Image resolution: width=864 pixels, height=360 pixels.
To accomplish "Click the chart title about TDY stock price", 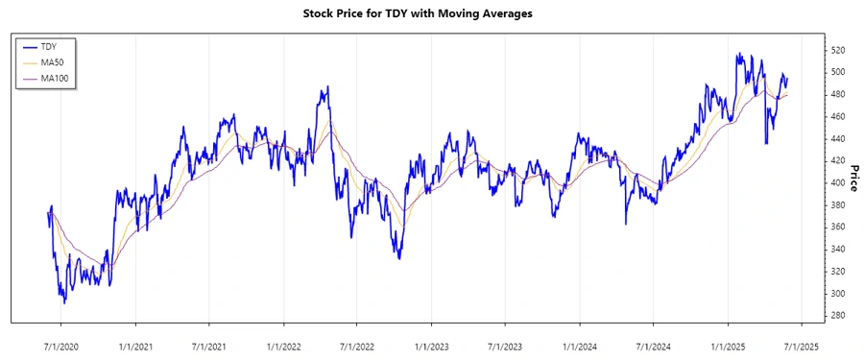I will (431, 14).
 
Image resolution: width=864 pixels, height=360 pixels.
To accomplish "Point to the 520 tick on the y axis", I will (838, 50).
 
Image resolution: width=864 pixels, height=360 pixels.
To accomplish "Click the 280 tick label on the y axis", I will (838, 316).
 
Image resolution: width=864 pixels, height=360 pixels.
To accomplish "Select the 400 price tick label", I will (838, 182).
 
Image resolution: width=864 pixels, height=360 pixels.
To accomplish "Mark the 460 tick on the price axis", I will (838, 116).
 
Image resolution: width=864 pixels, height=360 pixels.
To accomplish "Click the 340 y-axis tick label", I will (838, 250).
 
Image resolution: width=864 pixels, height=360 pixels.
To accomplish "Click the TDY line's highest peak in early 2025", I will (737, 54).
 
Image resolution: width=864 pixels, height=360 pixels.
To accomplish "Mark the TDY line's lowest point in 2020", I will (65, 302).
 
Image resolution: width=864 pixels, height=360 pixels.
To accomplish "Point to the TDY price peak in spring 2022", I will (328, 86).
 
